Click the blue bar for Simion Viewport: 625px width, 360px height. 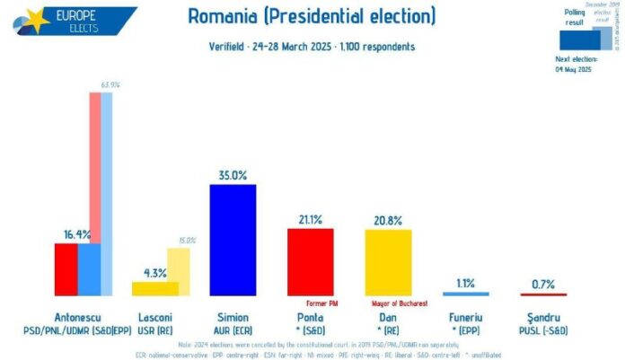(x=233, y=240)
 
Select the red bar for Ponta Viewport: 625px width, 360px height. (x=311, y=261)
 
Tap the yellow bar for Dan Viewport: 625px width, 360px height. (x=388, y=262)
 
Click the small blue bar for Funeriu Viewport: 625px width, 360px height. (x=466, y=293)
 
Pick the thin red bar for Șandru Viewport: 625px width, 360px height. (x=543, y=294)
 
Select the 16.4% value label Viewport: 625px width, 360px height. (x=76, y=233)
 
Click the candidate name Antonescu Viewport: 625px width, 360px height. (x=78, y=318)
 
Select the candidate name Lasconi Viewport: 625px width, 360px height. (x=155, y=318)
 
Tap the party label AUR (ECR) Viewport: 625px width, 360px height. (x=233, y=330)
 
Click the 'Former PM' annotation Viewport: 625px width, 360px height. (x=321, y=303)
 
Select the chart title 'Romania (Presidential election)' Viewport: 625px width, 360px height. (x=312, y=16)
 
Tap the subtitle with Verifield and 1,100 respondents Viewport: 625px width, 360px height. (x=312, y=46)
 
